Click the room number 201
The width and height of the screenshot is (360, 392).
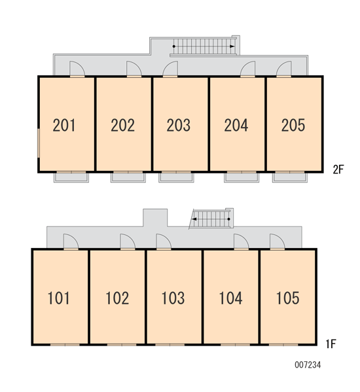tap(64, 125)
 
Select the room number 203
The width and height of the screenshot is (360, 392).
tap(179, 125)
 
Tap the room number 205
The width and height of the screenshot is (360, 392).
tap(293, 125)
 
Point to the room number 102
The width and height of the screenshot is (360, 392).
tap(117, 298)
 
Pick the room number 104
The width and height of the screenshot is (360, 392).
tap(230, 298)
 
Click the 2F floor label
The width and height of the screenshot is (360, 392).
tap(338, 169)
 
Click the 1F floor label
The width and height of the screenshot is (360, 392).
tap(331, 344)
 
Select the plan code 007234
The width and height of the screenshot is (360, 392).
tap(308, 365)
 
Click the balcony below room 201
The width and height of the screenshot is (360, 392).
tap(71, 177)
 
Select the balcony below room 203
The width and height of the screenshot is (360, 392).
tap(176, 177)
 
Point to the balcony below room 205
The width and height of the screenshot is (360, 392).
tap(290, 177)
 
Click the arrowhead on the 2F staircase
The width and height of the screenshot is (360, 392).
tap(232, 46)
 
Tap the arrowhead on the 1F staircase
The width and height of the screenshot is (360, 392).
tap(194, 219)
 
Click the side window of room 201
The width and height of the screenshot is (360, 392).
tap(39, 143)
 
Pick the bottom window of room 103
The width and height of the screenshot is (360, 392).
tap(170, 345)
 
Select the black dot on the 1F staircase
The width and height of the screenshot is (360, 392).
tap(228, 219)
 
